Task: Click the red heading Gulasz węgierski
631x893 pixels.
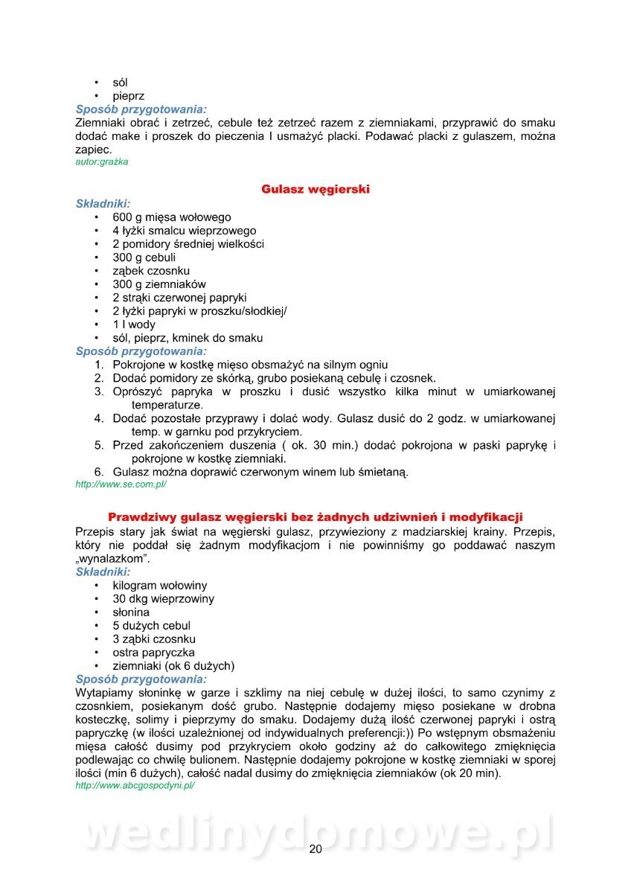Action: point(315,190)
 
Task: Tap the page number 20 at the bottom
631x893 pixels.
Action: point(315,850)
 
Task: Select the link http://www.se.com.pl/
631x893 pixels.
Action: point(121,484)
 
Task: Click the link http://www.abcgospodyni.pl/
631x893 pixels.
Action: point(135,785)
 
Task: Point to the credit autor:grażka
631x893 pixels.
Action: point(102,162)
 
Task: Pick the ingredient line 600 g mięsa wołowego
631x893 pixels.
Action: point(172,217)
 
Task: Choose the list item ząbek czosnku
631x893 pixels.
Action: point(151,271)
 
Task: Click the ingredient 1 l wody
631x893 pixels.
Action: point(134,324)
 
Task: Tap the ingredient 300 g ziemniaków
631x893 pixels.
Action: point(159,284)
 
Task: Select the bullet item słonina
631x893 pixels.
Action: point(131,612)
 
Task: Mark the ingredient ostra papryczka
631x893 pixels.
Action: point(153,653)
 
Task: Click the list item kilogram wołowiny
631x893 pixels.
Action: point(160,586)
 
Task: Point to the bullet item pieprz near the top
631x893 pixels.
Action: point(129,96)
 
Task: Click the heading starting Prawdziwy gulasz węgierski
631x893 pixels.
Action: point(315,516)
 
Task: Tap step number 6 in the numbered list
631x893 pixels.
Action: point(98,472)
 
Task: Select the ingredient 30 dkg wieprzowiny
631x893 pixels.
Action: point(163,599)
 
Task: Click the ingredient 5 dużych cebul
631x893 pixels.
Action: point(152,626)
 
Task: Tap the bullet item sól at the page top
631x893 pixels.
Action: point(120,83)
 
